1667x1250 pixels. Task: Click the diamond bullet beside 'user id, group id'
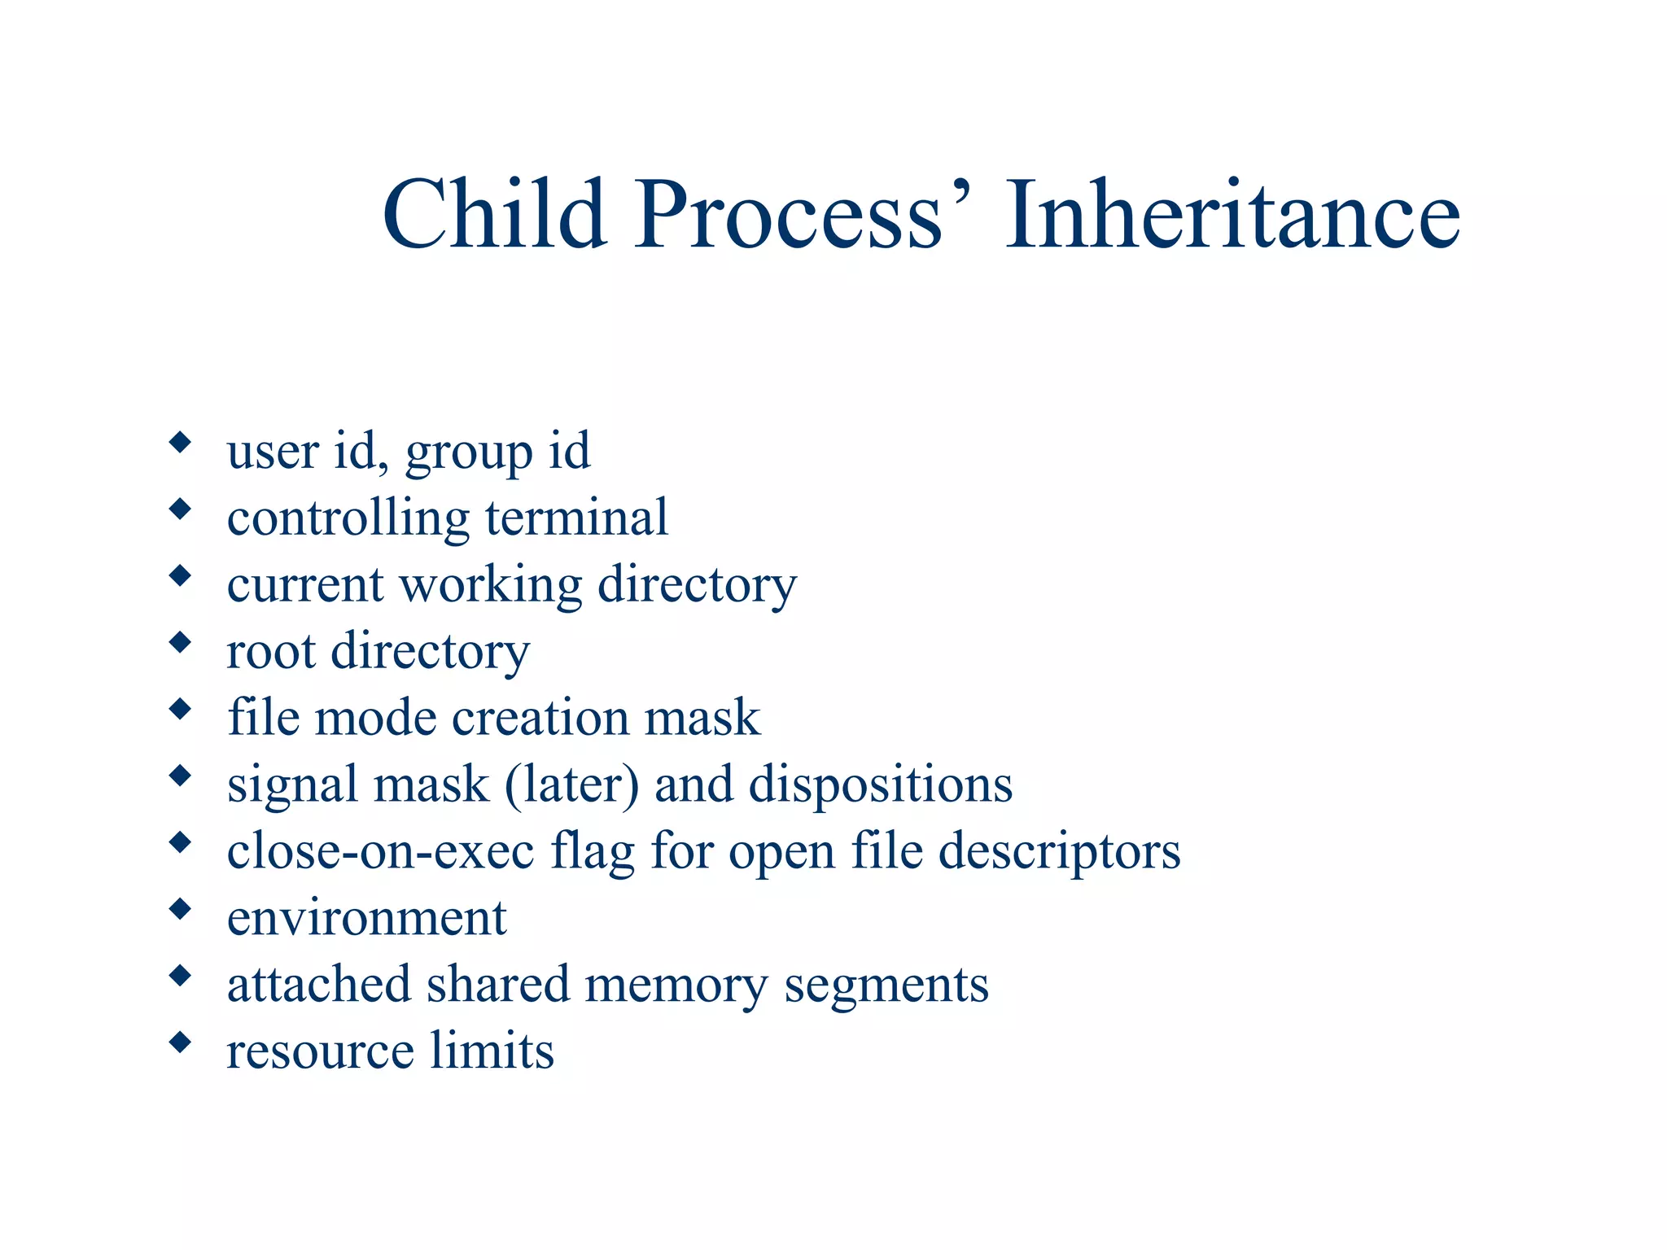(x=180, y=443)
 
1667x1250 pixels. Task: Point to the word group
(x=469, y=452)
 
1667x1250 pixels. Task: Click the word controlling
(x=348, y=519)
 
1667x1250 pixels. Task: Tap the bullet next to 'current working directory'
(x=180, y=576)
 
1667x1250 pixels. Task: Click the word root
(x=271, y=652)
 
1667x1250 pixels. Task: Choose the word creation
(x=540, y=718)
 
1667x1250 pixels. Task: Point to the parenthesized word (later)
(x=571, y=785)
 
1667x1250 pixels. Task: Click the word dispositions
(x=881, y=785)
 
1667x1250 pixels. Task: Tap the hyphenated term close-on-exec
(x=380, y=851)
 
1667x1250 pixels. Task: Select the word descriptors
(x=1059, y=853)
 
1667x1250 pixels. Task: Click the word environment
(x=366, y=919)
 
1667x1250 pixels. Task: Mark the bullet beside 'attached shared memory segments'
(x=180, y=975)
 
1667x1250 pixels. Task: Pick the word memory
(x=676, y=986)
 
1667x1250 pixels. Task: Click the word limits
(x=492, y=1051)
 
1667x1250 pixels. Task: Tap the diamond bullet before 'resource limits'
(x=180, y=1042)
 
